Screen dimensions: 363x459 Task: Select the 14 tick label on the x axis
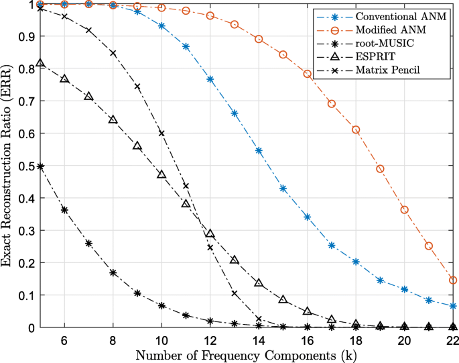pyautogui.click(x=259, y=340)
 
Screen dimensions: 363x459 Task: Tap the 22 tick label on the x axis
pyautogui.click(x=452, y=340)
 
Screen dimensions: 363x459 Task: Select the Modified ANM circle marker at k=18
pyautogui.click(x=356, y=129)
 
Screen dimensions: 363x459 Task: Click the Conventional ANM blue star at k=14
pyautogui.click(x=259, y=150)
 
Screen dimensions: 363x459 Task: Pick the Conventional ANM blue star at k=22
pyautogui.click(x=453, y=306)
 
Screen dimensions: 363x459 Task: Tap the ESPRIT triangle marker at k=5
pyautogui.click(x=40, y=63)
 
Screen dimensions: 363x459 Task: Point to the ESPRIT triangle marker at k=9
pyautogui.click(x=137, y=146)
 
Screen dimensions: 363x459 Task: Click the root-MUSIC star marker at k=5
pyautogui.click(x=40, y=166)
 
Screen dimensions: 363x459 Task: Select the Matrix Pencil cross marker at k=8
pyautogui.click(x=113, y=53)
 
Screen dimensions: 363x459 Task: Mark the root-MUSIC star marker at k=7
pyautogui.click(x=88, y=243)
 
